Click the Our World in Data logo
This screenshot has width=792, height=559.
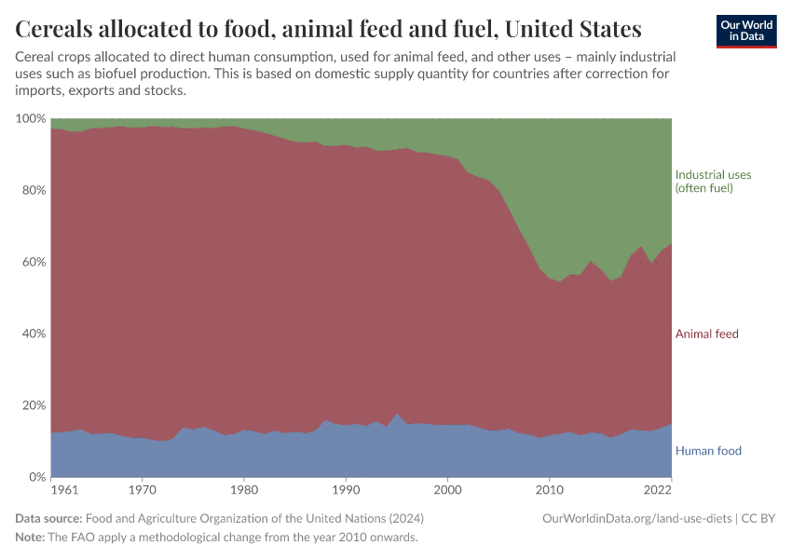(745, 31)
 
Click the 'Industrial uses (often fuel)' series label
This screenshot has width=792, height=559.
(713, 182)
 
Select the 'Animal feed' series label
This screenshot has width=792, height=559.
(706, 334)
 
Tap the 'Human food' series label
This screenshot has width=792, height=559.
(708, 451)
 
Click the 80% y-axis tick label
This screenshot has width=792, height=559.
(33, 191)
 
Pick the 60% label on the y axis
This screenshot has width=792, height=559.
(33, 263)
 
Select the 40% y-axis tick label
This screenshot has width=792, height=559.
(33, 334)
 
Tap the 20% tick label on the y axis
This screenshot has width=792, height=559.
(33, 405)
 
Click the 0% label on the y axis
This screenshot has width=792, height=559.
(36, 477)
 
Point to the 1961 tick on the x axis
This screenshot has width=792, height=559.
(64, 489)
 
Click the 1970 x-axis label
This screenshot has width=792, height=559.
(142, 489)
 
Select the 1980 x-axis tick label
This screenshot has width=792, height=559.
(243, 489)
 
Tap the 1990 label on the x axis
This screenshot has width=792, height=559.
(346, 489)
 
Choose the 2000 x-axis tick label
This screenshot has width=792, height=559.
(448, 489)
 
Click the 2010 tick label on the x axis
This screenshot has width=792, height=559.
(550, 489)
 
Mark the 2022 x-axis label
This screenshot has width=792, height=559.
(658, 489)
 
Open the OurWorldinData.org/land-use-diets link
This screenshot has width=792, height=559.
(637, 518)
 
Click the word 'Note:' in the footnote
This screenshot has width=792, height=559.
(32, 538)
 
